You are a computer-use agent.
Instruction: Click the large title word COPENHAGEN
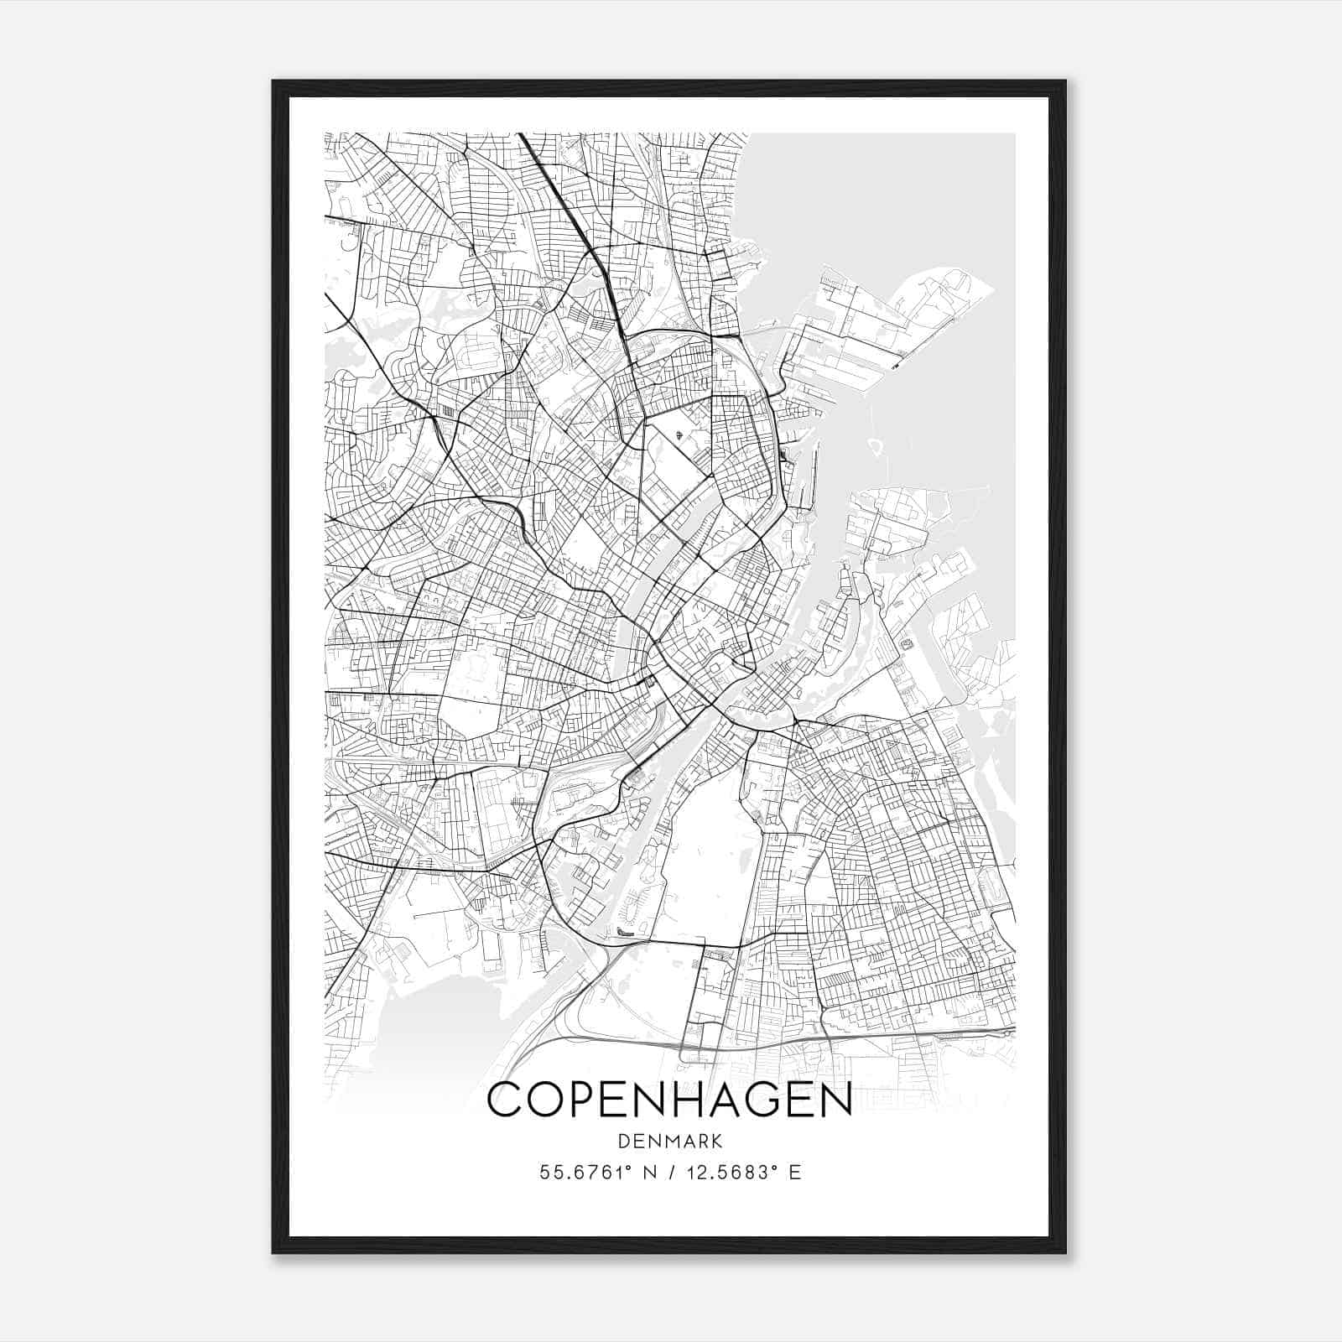[x=669, y=1100]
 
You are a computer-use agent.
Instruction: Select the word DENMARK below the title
[x=669, y=1141]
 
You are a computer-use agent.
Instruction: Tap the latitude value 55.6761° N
[x=596, y=1172]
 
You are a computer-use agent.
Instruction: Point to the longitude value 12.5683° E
[x=743, y=1172]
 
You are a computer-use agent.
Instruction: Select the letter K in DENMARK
[x=715, y=1141]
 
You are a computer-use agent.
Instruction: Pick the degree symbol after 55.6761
[x=629, y=1167]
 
